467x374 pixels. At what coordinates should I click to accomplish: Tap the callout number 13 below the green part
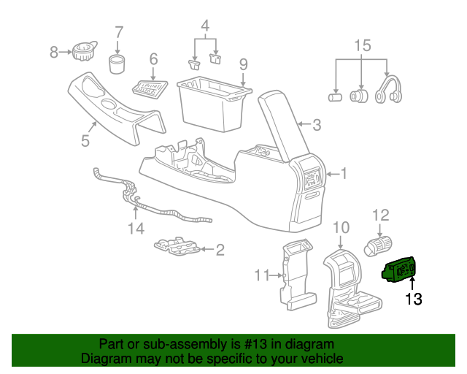(413, 299)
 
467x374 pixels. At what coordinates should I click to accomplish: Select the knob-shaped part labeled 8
(82, 52)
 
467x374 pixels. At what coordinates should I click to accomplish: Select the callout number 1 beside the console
(344, 173)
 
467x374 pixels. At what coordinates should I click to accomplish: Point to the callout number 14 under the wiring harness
(136, 229)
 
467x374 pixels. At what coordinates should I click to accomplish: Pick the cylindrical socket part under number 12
(379, 245)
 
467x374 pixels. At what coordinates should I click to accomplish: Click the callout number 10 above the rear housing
(341, 227)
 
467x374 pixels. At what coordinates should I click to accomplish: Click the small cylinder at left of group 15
(336, 96)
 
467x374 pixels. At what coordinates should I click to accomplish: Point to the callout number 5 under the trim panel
(85, 140)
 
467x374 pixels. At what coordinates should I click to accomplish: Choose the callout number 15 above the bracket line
(363, 46)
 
